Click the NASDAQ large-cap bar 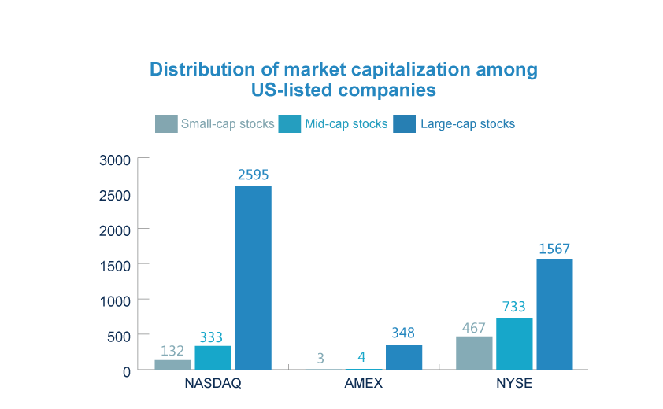[253, 277]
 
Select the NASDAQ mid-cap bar [213, 357]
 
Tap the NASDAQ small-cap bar [172, 364]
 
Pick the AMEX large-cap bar [404, 356]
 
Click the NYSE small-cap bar [474, 352]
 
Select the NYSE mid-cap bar [514, 343]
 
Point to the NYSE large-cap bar [554, 313]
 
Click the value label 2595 [254, 175]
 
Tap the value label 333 [210, 337]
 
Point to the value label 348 [402, 333]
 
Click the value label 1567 [554, 249]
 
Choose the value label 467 [473, 327]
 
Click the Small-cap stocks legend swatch [165, 124]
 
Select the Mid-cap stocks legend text [346, 124]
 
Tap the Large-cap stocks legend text [467, 124]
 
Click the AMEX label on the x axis [363, 384]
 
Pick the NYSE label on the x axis [513, 384]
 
